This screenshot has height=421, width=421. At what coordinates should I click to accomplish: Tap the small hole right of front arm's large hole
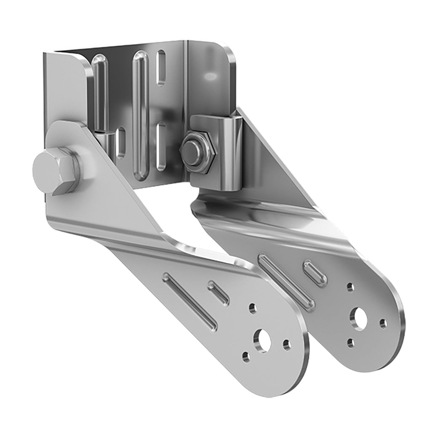[x=287, y=345]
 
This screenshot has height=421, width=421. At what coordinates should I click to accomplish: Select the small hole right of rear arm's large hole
[x=383, y=323]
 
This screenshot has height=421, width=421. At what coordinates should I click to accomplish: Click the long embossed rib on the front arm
[x=190, y=301]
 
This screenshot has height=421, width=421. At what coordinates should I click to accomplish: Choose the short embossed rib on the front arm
[x=218, y=293]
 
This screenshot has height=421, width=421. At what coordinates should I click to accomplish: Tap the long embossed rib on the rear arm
[x=286, y=281]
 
